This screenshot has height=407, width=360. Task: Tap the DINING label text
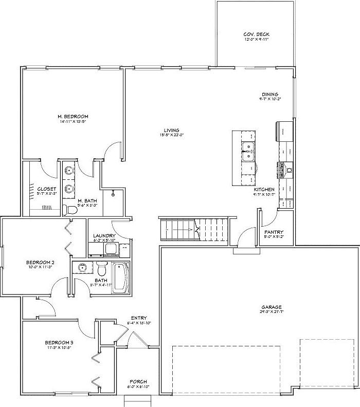(x=270, y=94)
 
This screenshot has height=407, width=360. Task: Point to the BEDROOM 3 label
(x=59, y=342)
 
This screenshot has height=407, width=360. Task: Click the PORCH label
(x=138, y=381)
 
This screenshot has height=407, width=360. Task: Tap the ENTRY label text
(x=139, y=318)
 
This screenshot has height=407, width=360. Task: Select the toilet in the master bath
(x=67, y=210)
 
